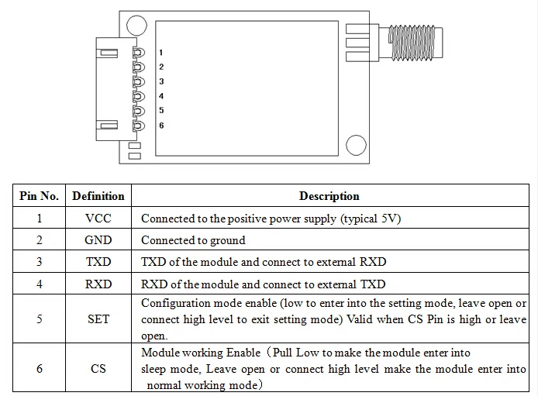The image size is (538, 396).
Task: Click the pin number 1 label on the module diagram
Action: tap(161, 53)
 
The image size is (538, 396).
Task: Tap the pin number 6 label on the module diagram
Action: tap(161, 126)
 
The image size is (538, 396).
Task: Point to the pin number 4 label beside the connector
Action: tap(161, 96)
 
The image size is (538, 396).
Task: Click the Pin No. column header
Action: tap(39, 196)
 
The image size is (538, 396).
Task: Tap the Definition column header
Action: tap(98, 196)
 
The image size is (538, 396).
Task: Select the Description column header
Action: tap(329, 196)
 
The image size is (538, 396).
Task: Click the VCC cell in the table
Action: tap(98, 218)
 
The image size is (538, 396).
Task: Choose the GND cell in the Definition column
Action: tap(98, 239)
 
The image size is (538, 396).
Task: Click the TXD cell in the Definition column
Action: tap(98, 262)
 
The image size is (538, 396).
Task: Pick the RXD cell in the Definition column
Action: tap(98, 284)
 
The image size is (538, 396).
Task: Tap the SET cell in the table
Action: tap(98, 319)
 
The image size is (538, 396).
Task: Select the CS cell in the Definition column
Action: tap(98, 369)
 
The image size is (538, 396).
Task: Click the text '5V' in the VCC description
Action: tap(388, 218)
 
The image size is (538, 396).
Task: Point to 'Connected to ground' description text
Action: tap(193, 240)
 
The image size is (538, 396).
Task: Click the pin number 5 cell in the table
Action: tap(39, 319)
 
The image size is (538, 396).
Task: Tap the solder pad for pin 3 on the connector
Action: tap(139, 81)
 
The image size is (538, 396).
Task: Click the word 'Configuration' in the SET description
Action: tap(174, 304)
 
